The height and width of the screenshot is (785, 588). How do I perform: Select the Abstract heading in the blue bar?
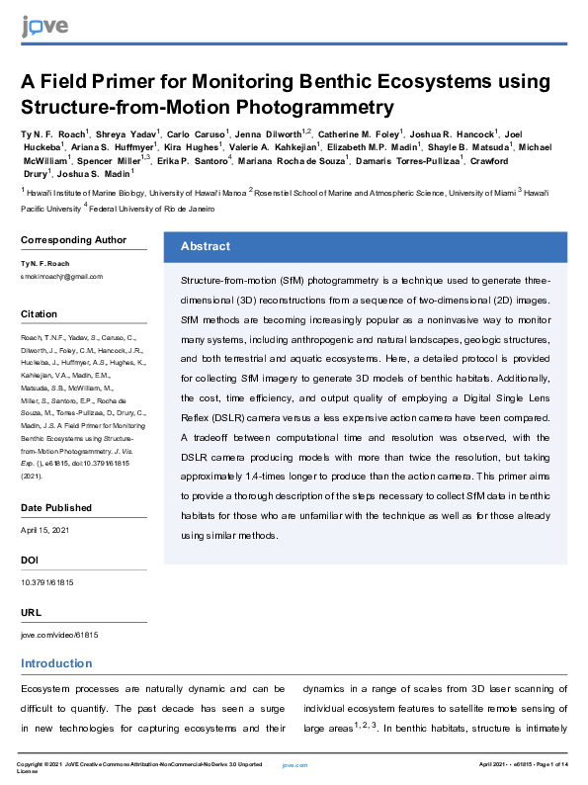pyautogui.click(x=206, y=246)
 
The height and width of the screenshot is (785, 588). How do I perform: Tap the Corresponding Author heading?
pyautogui.click(x=73, y=239)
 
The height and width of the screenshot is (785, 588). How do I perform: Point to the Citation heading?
pyautogui.click(x=40, y=313)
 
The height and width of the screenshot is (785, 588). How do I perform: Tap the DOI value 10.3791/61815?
pyautogui.click(x=47, y=582)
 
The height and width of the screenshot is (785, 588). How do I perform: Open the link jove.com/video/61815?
pyautogui.click(x=59, y=634)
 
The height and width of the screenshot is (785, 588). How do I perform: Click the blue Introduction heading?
pyautogui.click(x=56, y=663)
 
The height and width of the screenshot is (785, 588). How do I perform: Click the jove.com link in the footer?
pyautogui.click(x=294, y=765)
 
